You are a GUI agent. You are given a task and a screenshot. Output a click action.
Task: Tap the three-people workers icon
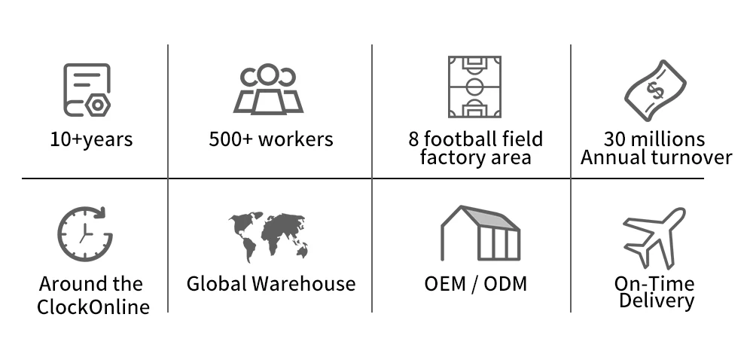269,90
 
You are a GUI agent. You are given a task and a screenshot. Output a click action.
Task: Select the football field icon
474,87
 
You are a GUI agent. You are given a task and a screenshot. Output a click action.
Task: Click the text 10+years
91,139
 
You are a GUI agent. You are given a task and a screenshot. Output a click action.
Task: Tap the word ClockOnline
93,307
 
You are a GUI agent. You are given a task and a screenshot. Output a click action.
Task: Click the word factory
451,157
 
